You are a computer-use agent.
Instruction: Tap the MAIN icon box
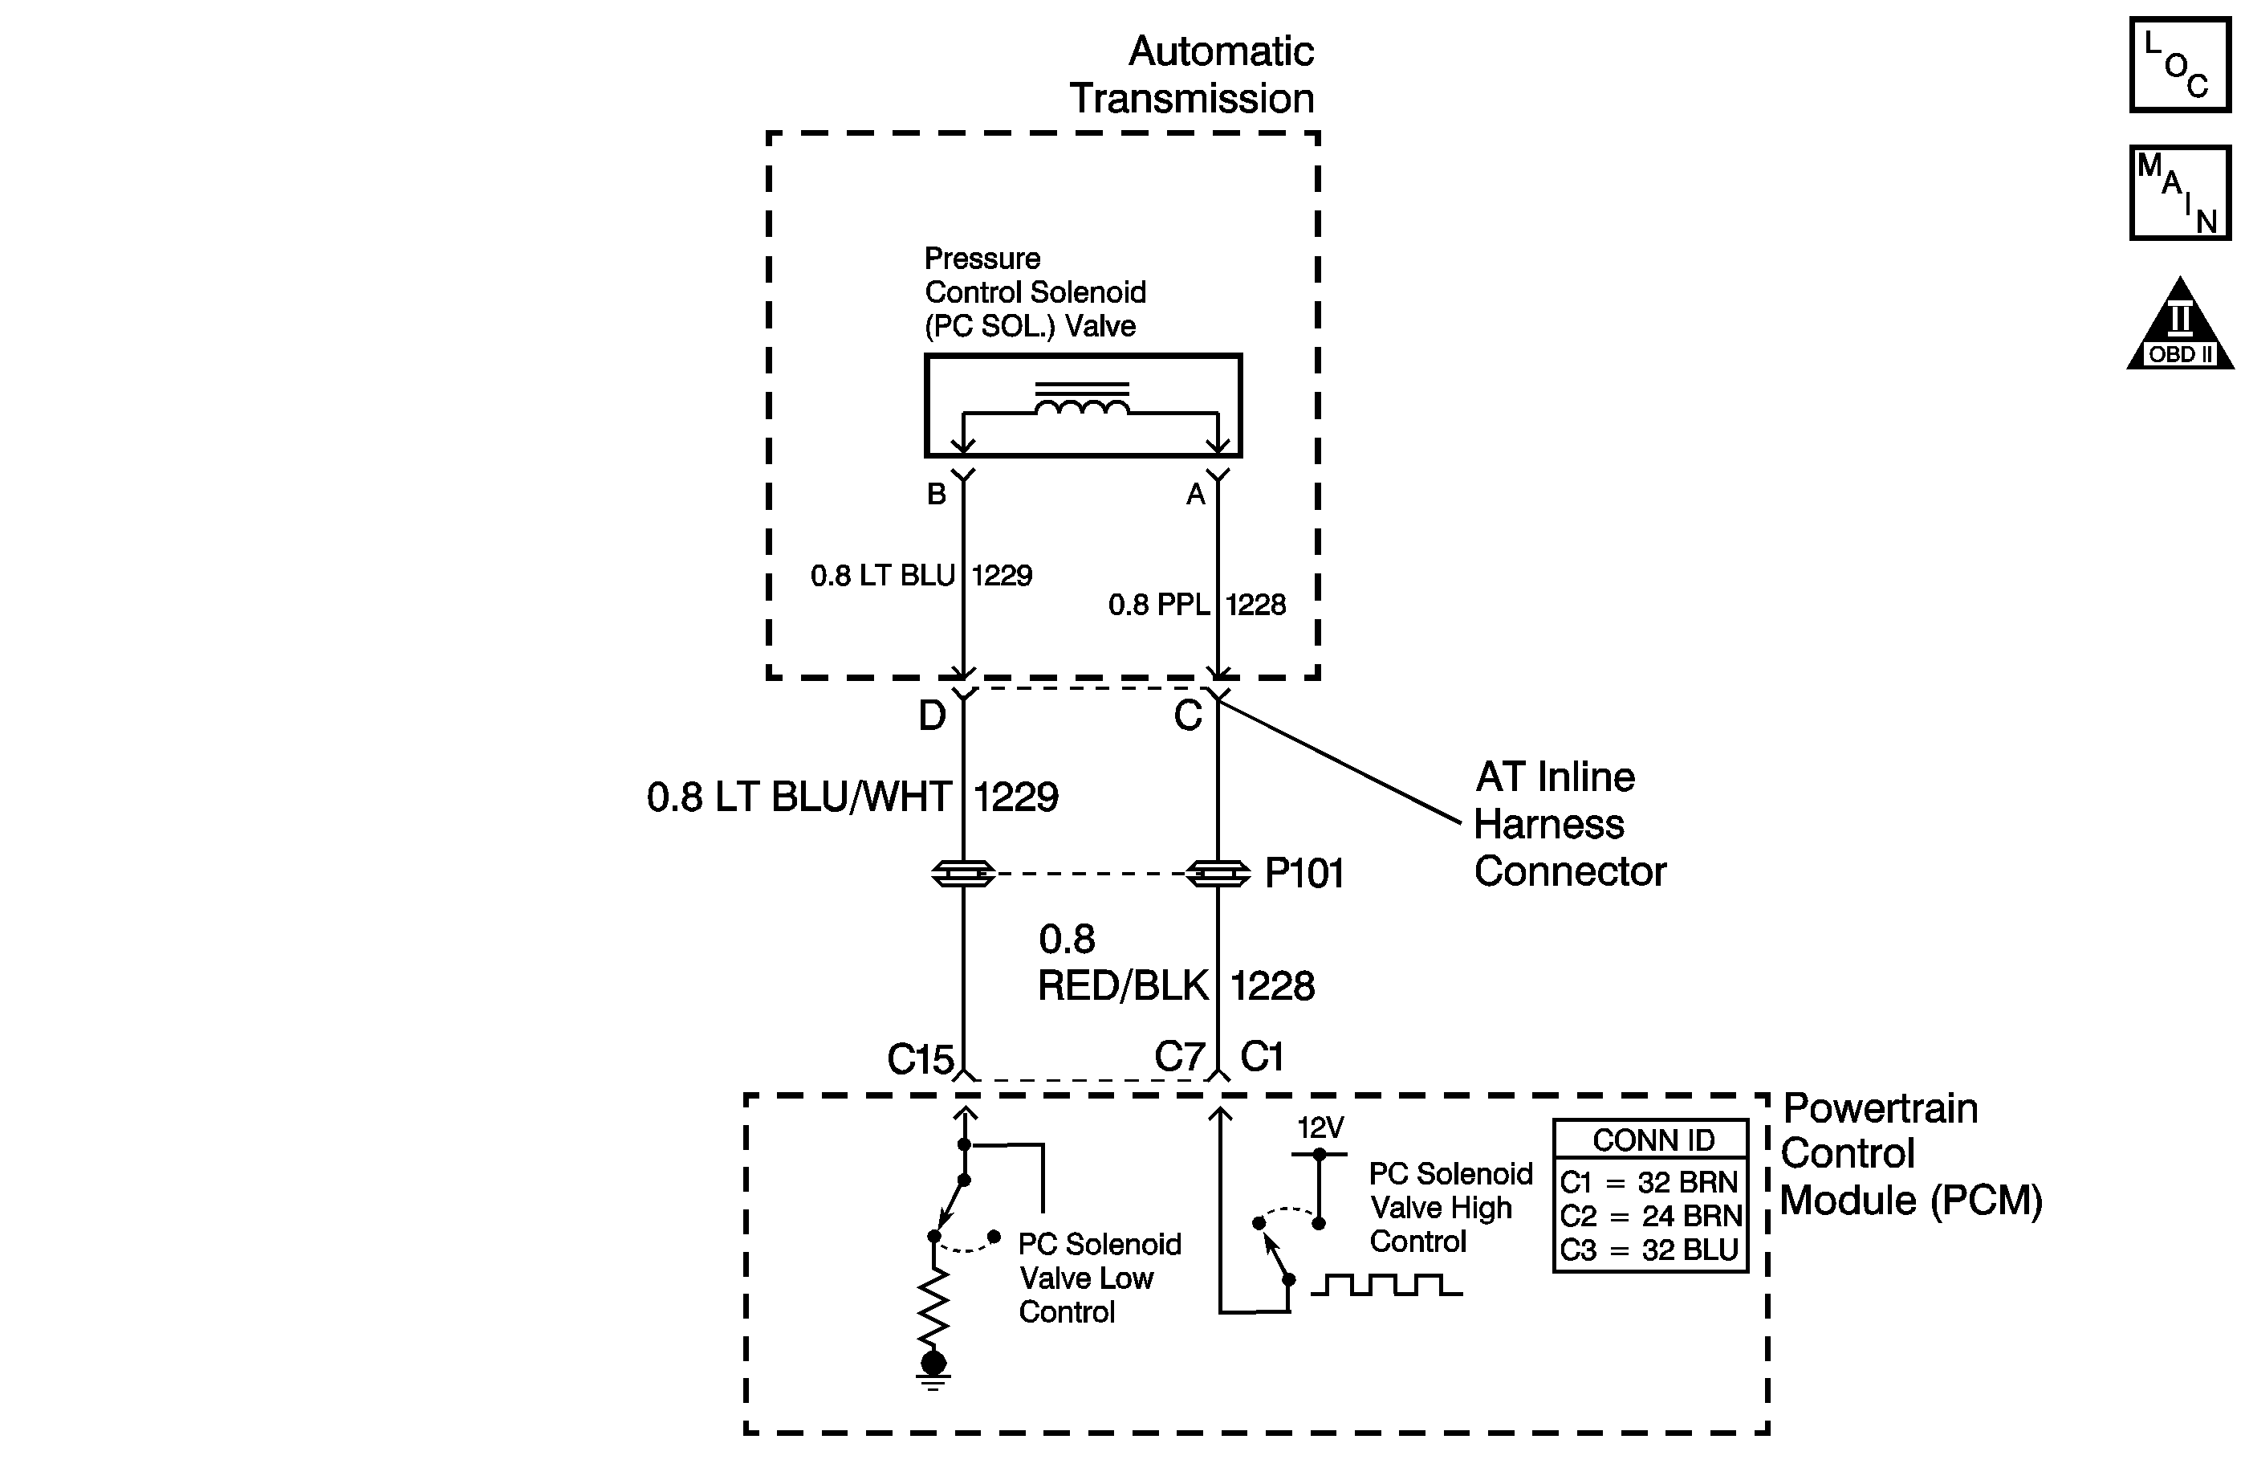(2179, 193)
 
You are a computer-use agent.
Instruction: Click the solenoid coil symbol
(1082, 401)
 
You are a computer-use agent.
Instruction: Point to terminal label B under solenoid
(936, 494)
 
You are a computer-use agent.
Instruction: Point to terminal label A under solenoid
(1195, 495)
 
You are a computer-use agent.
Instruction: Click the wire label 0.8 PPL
(1158, 605)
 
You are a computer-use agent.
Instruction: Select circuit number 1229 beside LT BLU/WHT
(1016, 797)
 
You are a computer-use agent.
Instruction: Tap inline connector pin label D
(932, 716)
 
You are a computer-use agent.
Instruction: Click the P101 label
(1303, 874)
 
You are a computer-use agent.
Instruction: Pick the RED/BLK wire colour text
(1122, 986)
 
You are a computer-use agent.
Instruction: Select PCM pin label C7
(1179, 1057)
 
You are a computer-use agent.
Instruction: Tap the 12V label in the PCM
(1320, 1127)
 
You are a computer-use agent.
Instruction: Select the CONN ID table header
(1653, 1140)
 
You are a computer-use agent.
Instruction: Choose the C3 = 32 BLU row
(1649, 1250)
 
